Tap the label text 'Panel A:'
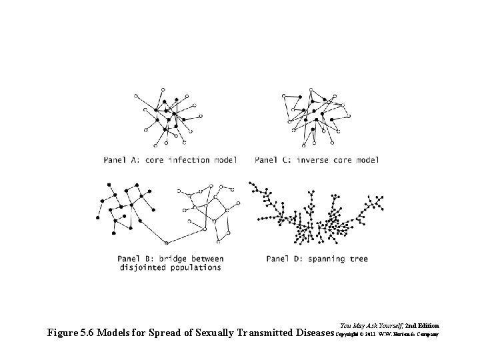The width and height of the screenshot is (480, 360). click(x=121, y=160)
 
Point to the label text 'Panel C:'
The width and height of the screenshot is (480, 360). click(x=274, y=160)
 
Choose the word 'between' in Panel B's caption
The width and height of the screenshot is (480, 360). click(x=206, y=259)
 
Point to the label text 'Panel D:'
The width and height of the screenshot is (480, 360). click(x=284, y=259)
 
